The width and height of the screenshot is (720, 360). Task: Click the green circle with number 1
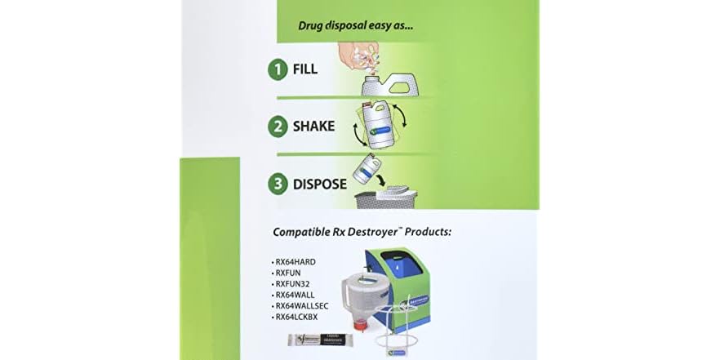[x=278, y=69]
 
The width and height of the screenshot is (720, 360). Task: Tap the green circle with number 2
[x=278, y=127]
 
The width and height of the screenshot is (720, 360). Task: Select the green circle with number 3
[x=278, y=184]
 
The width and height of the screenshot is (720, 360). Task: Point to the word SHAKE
[x=314, y=127]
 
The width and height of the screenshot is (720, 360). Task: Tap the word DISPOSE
[x=320, y=184]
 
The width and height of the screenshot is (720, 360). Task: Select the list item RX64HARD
[x=296, y=262]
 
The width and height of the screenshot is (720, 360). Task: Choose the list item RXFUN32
[x=292, y=284]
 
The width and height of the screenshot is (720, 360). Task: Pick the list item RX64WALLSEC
[x=300, y=306]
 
